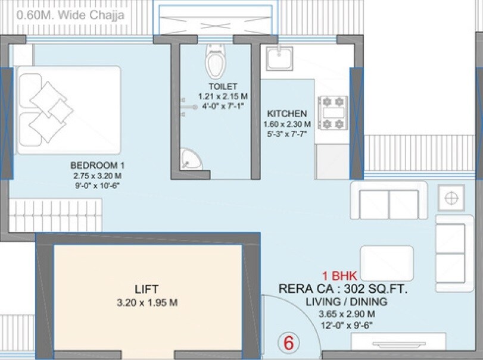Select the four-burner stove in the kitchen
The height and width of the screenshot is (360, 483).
334,112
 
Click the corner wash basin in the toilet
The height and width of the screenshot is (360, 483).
191,159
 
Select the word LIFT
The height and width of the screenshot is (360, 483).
147,290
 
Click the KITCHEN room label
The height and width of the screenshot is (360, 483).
287,114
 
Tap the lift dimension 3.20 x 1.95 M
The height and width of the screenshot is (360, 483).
147,303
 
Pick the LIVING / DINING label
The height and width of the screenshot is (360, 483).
346,302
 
